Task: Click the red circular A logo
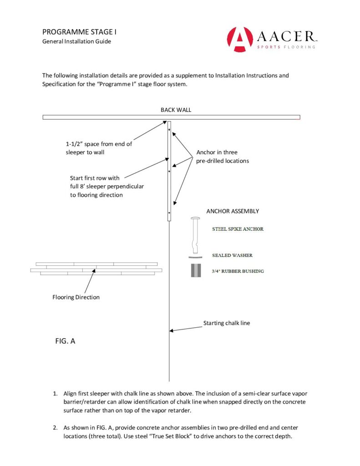tap(239, 39)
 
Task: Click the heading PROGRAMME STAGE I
tap(81, 32)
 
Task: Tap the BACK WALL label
tap(172, 110)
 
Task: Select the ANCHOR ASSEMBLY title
tap(233, 211)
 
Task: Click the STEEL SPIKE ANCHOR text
tap(238, 229)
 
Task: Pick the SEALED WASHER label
tap(232, 255)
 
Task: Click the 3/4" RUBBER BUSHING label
tap(238, 271)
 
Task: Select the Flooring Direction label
tap(76, 297)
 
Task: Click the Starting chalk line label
tap(226, 323)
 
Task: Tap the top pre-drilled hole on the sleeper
tap(169, 130)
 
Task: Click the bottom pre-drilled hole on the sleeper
tap(169, 213)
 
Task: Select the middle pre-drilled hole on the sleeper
tap(169, 171)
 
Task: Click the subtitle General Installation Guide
tap(76, 41)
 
